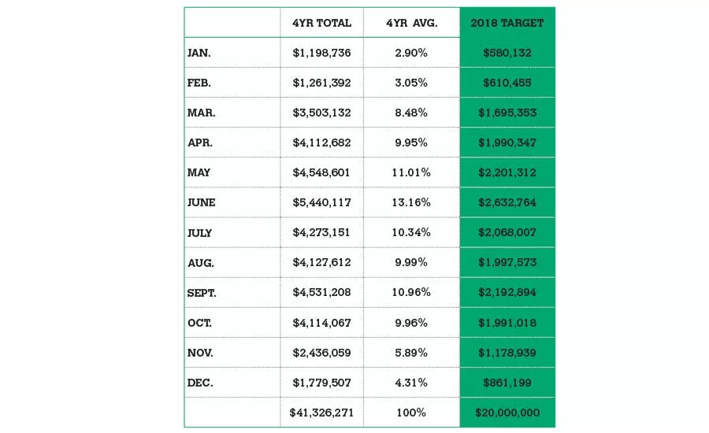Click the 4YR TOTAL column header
coord(321,23)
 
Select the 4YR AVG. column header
coord(411,23)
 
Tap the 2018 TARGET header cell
coord(507,23)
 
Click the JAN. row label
coord(199,53)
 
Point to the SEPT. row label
coord(202,293)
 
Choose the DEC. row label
coord(200,383)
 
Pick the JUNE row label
coord(202,202)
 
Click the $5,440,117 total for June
coord(321,202)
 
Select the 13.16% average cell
coord(411,202)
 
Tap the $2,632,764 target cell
coord(507,202)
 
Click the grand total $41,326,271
coord(321,413)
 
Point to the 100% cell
coord(411,413)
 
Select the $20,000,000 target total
coord(507,413)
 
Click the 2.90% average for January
coord(411,53)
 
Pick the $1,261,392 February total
coord(321,83)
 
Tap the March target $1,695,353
coord(507,113)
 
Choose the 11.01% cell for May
coord(411,172)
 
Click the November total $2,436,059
coord(321,353)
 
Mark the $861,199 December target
coord(507,383)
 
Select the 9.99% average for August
coord(411,263)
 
